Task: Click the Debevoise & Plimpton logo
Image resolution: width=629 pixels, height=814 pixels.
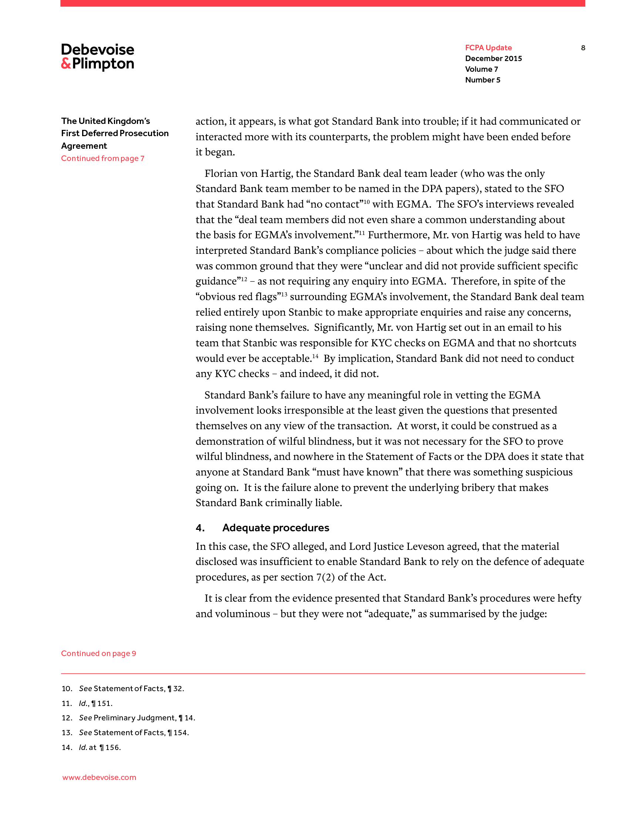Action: pyautogui.click(x=98, y=57)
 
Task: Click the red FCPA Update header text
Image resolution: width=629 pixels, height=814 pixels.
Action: pyautogui.click(x=488, y=48)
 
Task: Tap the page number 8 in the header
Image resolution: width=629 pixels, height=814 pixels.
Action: pyautogui.click(x=583, y=48)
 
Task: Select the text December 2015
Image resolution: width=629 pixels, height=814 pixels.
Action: pyautogui.click(x=493, y=58)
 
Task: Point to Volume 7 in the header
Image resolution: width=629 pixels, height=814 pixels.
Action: pyautogui.click(x=481, y=69)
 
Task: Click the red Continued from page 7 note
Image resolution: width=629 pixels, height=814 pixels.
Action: pyautogui.click(x=102, y=158)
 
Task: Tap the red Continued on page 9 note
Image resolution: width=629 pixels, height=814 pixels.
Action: pyautogui.click(x=98, y=653)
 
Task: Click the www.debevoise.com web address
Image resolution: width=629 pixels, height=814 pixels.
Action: pyautogui.click(x=99, y=777)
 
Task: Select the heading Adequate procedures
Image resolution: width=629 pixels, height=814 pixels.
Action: pyautogui.click(x=276, y=528)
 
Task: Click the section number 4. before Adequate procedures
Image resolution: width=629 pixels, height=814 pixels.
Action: pyautogui.click(x=200, y=528)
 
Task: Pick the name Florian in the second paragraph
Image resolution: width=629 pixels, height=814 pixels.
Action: pyautogui.click(x=221, y=174)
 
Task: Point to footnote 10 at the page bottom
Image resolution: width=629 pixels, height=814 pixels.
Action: pyautogui.click(x=123, y=689)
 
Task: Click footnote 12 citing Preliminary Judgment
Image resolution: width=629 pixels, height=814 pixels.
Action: pyautogui.click(x=128, y=718)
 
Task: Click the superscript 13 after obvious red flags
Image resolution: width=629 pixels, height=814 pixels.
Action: pyautogui.click(x=284, y=295)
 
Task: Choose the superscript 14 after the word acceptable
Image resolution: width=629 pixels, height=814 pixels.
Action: pyautogui.click(x=315, y=356)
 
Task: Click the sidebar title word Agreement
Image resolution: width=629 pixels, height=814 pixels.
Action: pyautogui.click(x=84, y=146)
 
